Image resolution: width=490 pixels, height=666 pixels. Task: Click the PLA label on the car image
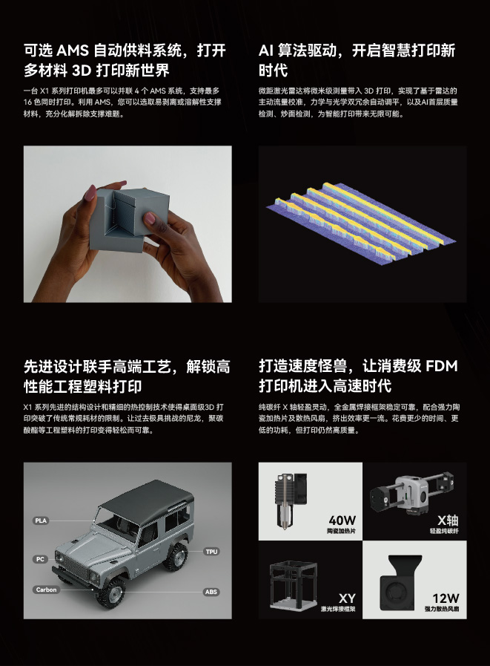42,520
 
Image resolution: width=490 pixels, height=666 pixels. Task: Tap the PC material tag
40,559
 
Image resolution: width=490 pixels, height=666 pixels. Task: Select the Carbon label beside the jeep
46,590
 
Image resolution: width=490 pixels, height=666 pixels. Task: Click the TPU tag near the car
211,552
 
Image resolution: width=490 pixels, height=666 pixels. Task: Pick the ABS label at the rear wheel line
211,592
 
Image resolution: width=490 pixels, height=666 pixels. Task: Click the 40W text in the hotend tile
342,520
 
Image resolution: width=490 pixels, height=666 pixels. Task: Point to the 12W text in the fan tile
446,598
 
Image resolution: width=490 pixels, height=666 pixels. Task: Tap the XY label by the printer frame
347,598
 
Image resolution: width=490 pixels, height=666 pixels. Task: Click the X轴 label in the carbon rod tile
448,520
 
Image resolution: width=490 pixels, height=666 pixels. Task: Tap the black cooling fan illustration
400,584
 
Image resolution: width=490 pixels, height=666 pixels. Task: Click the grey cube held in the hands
128,219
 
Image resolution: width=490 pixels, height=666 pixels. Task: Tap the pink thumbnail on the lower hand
150,218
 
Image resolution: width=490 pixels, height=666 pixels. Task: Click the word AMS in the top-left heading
73,50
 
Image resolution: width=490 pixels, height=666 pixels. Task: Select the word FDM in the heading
441,366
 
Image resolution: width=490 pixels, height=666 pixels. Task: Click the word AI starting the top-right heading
265,50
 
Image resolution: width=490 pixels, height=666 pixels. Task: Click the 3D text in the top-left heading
82,71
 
